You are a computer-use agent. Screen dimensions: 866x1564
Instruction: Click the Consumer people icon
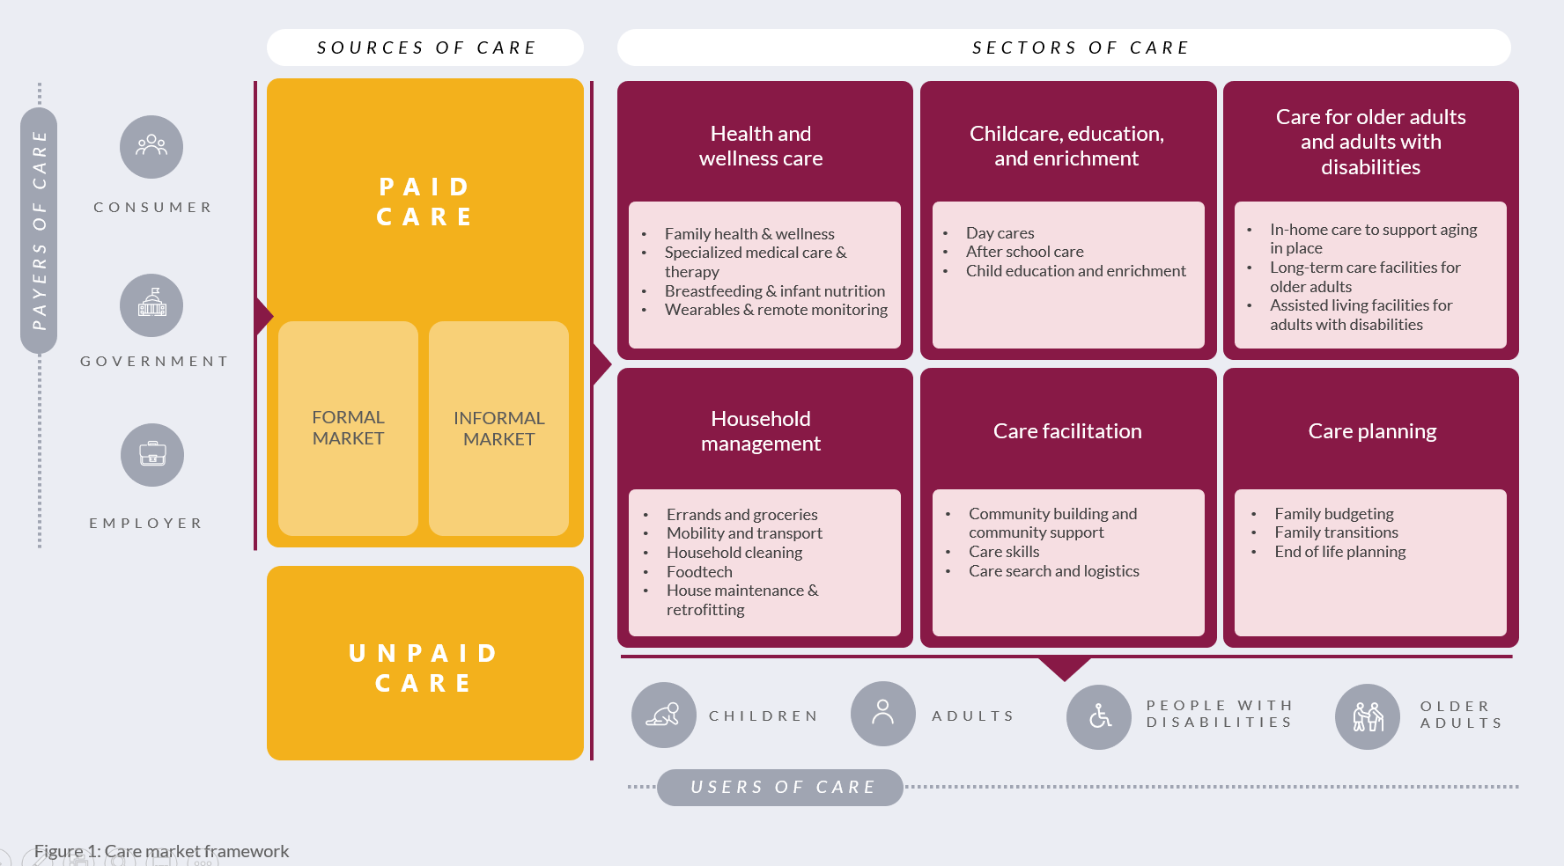[x=151, y=146]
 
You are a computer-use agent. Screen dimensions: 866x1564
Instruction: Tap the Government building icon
[x=151, y=305]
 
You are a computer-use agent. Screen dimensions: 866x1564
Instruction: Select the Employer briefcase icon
[x=152, y=454]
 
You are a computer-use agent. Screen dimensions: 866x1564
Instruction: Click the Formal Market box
[x=348, y=428]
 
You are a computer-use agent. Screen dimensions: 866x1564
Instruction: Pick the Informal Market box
[x=498, y=429]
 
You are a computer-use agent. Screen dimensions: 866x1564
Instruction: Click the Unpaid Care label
[x=424, y=667]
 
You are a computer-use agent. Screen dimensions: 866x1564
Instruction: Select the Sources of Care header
[x=425, y=48]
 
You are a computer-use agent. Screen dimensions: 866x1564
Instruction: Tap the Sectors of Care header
[x=1080, y=48]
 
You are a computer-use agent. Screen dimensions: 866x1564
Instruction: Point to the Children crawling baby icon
[x=663, y=715]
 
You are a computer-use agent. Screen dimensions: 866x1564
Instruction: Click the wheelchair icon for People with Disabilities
[x=1099, y=716]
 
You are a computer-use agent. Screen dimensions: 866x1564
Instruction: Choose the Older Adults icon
[x=1368, y=716]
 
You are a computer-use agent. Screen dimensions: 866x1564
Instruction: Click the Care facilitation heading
[x=1067, y=431]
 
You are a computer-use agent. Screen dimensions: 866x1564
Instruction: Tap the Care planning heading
[x=1372, y=431]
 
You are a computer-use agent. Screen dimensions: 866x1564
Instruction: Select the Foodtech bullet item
[x=699, y=572]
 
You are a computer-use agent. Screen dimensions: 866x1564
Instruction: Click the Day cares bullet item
[x=1000, y=233]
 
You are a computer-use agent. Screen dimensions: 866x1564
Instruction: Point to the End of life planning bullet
[x=1339, y=552]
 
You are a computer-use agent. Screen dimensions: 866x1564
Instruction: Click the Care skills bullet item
[x=1004, y=552]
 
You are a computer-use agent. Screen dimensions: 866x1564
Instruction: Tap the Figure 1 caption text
[x=161, y=851]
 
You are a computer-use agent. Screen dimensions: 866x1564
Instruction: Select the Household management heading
[x=761, y=431]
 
